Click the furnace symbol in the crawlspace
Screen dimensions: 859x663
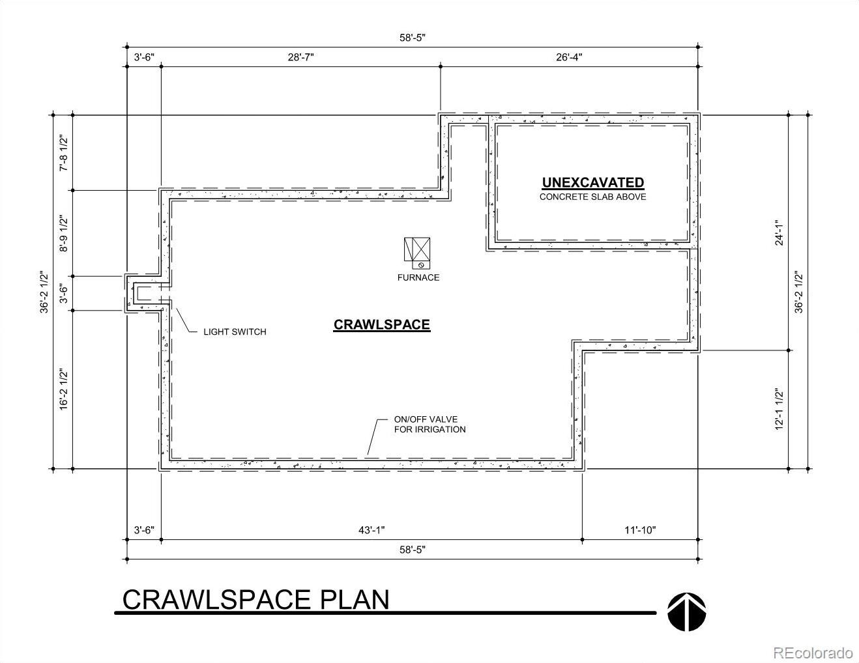[417, 253]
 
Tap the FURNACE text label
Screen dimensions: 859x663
[418, 277]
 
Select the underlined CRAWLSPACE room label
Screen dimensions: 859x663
[381, 325]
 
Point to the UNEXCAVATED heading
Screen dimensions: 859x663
[593, 183]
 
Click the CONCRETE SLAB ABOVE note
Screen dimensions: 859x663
[593, 197]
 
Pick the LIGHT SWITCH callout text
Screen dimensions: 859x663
[235, 331]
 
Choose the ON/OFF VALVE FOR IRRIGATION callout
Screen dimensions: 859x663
[430, 424]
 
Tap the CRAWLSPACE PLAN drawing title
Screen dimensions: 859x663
[255, 599]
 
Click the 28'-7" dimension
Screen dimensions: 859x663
[300, 57]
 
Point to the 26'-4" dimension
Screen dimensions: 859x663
[569, 57]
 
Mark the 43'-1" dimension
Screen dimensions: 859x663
[371, 530]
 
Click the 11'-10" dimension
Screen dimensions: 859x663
[640, 530]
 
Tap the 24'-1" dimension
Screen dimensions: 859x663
[778, 233]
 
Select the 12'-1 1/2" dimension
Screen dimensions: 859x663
[778, 409]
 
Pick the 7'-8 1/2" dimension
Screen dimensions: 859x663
[63, 153]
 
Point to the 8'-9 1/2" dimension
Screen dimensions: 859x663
[63, 233]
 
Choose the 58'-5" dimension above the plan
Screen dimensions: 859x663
[413, 38]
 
